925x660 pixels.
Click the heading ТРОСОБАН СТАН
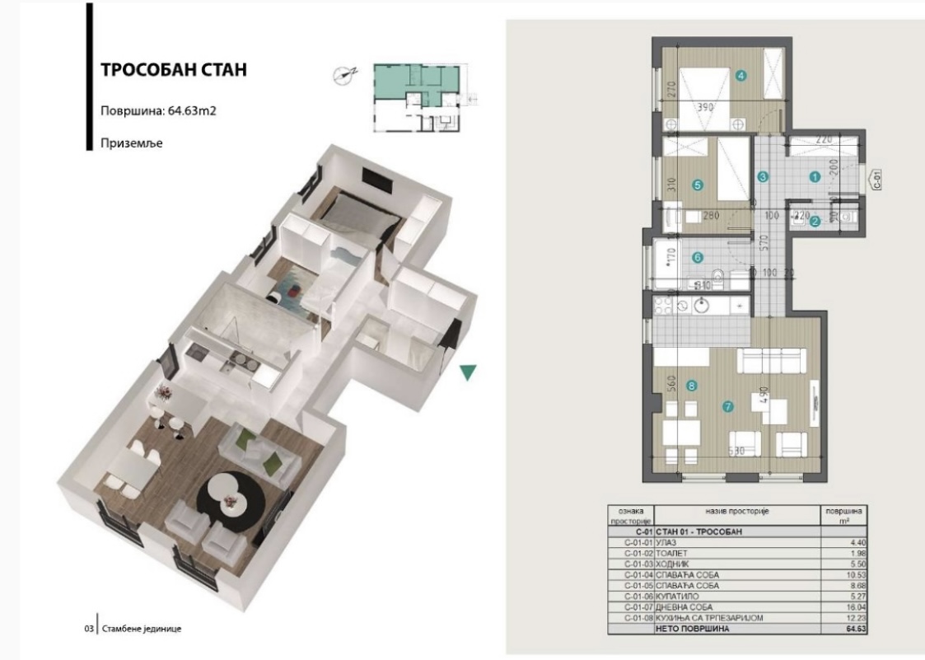pyautogui.click(x=173, y=69)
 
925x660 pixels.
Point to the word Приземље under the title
pyautogui.click(x=132, y=143)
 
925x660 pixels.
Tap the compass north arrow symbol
pyautogui.click(x=343, y=75)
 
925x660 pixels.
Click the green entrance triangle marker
pyautogui.click(x=468, y=372)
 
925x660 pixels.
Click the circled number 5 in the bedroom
pyautogui.click(x=698, y=185)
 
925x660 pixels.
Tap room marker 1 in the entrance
pyautogui.click(x=814, y=176)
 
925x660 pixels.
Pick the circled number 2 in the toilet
pyautogui.click(x=814, y=220)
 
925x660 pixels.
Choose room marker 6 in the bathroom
pyautogui.click(x=698, y=257)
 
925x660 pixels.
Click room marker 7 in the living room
pyautogui.click(x=726, y=406)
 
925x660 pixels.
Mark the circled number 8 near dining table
pyautogui.click(x=691, y=385)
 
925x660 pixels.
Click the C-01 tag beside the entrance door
pyautogui.click(x=876, y=179)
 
